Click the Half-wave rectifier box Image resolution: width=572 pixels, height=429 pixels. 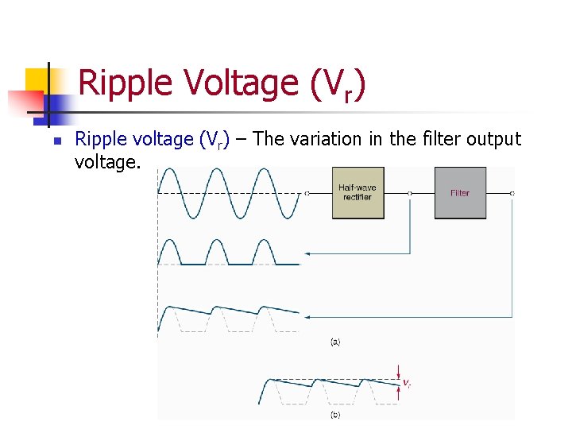(x=357, y=193)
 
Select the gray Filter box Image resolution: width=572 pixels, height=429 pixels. (x=460, y=193)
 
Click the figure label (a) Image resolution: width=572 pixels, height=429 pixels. (x=335, y=342)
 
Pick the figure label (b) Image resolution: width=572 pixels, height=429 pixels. (x=335, y=415)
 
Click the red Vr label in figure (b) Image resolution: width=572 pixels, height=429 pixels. (x=406, y=384)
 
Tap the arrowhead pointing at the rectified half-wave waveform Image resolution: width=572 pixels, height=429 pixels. (x=309, y=253)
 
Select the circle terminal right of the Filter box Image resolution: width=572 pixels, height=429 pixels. (x=512, y=193)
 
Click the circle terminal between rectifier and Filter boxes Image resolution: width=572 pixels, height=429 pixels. (x=409, y=193)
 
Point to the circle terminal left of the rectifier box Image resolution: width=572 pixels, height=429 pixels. (x=307, y=193)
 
